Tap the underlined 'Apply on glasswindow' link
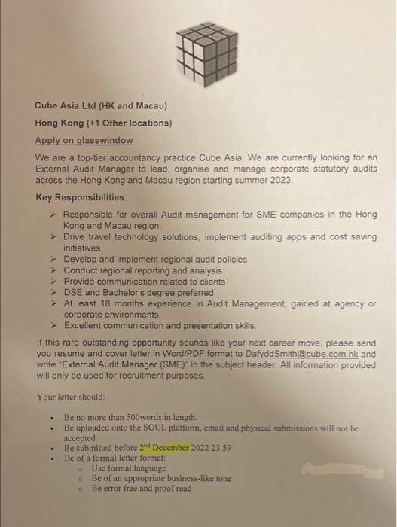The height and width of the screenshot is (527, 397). (x=84, y=140)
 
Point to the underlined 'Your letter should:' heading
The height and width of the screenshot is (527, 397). (x=70, y=396)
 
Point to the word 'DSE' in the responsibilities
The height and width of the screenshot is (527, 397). (x=74, y=293)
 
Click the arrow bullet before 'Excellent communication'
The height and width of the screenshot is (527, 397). (x=53, y=325)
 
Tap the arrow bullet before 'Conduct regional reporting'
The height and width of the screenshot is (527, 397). (x=53, y=270)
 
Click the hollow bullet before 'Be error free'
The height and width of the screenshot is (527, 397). (x=80, y=489)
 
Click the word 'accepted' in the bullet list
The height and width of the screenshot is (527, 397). (x=80, y=437)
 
